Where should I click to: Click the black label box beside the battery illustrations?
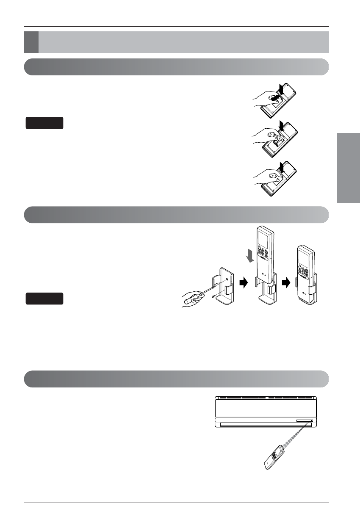click(44, 123)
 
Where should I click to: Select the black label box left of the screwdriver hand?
click(44, 299)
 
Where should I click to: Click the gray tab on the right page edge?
click(348, 168)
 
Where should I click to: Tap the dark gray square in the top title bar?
click(31, 42)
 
